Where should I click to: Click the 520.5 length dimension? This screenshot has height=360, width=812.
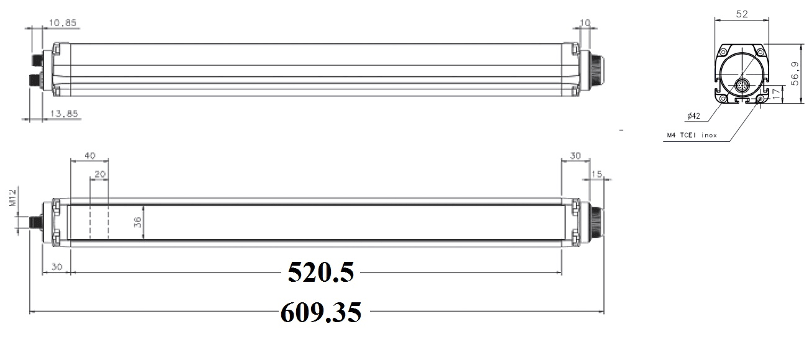click(321, 272)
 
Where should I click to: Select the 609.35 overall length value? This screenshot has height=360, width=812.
click(321, 312)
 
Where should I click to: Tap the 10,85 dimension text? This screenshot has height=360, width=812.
click(63, 23)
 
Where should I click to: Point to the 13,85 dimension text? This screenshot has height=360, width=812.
click(64, 114)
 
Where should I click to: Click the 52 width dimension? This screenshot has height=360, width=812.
click(742, 14)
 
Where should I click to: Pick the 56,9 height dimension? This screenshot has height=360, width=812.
click(795, 74)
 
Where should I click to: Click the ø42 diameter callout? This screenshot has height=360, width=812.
click(693, 116)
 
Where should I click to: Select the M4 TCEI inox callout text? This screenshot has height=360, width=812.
click(692, 135)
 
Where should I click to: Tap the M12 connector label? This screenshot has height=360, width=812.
click(13, 197)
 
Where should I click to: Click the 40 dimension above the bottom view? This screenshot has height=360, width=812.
click(90, 156)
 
